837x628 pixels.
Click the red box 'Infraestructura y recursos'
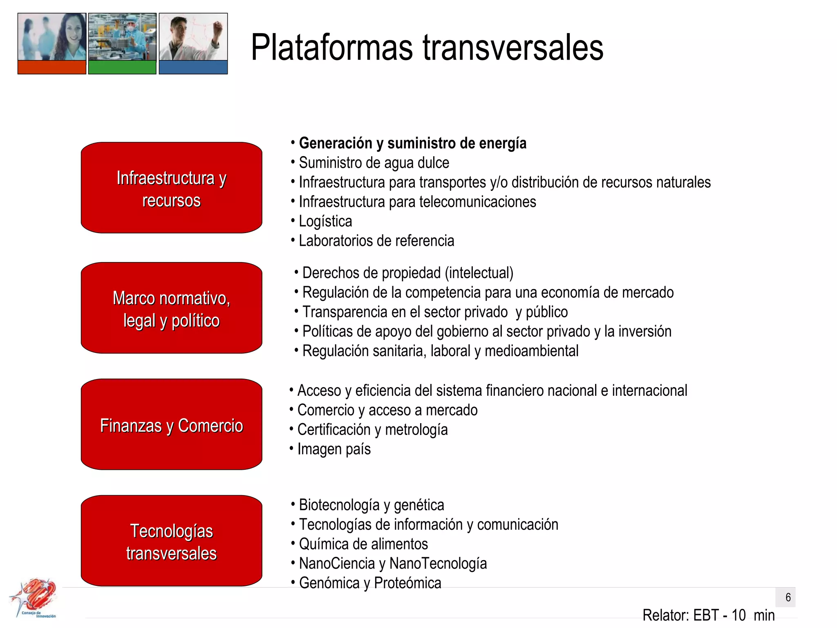[171, 188]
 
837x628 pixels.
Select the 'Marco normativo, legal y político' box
[171, 308]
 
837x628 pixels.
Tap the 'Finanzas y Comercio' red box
[171, 424]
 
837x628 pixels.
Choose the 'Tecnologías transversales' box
[171, 541]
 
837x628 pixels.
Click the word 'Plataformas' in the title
[332, 48]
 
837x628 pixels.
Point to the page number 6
[788, 597]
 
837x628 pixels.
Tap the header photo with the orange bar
[52, 43]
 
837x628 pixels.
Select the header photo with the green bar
[122, 43]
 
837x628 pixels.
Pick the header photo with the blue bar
[193, 43]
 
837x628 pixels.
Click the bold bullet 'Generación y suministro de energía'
[412, 144]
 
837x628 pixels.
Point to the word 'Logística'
[325, 221]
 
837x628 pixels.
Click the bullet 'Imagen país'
[333, 449]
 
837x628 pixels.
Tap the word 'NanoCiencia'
[337, 563]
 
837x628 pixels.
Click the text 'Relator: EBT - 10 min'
[708, 615]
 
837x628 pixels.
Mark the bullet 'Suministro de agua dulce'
[374, 163]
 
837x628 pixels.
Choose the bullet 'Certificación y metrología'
[372, 430]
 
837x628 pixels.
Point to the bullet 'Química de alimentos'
[363, 544]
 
